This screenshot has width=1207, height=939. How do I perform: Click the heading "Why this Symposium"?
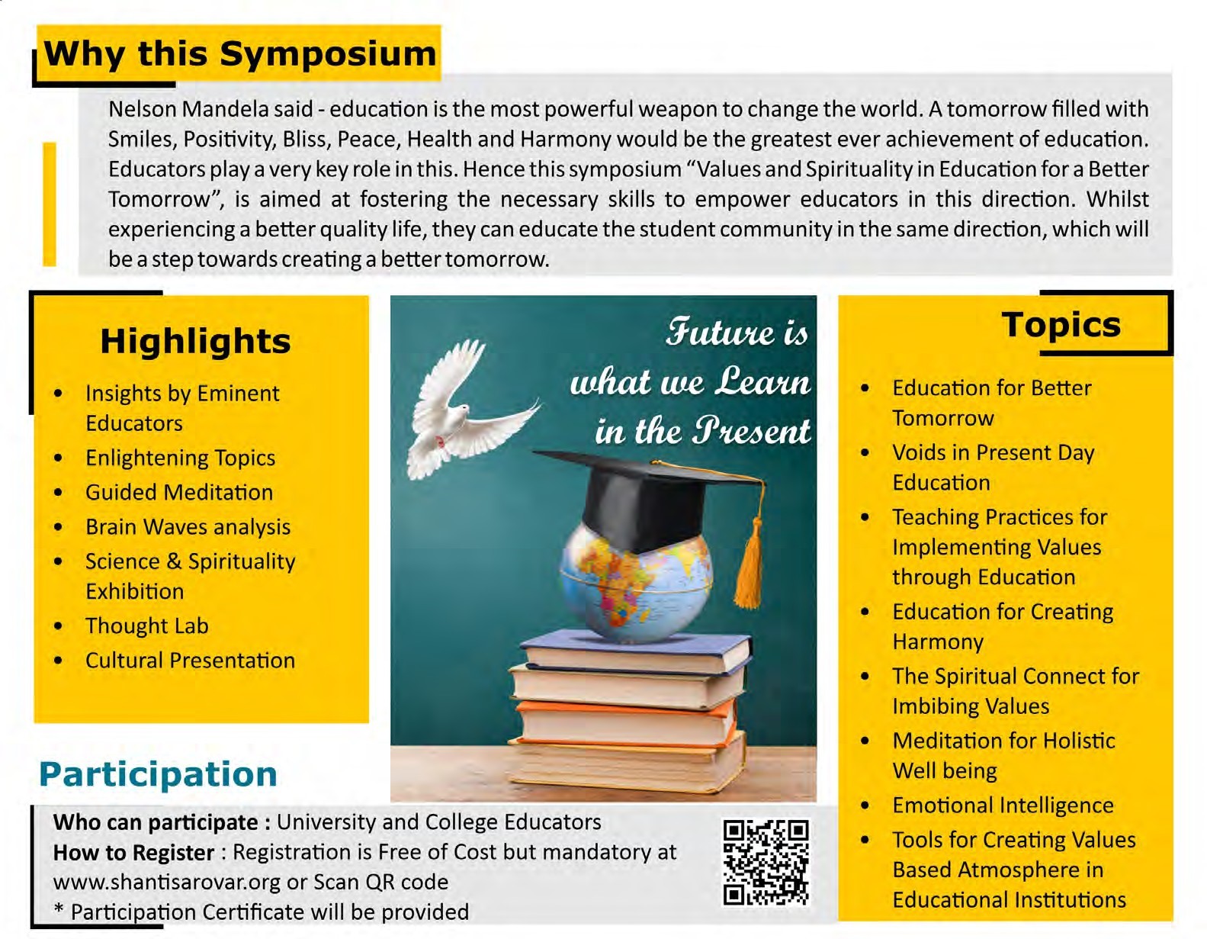(x=240, y=55)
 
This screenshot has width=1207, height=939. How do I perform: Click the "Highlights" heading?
(x=195, y=341)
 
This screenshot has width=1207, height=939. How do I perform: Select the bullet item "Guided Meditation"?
(x=179, y=492)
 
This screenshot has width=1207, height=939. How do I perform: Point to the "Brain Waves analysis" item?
(x=188, y=527)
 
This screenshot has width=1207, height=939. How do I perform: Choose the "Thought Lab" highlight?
(x=146, y=625)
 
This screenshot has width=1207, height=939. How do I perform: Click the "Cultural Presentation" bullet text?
(x=190, y=660)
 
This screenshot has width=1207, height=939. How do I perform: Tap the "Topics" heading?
(x=1061, y=325)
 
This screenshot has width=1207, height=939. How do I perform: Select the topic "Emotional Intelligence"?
(x=1003, y=805)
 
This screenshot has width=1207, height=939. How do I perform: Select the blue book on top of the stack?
(x=635, y=651)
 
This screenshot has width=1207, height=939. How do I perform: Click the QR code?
(x=766, y=862)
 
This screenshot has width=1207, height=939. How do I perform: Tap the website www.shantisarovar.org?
(x=167, y=882)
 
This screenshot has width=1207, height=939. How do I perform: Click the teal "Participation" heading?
(x=159, y=774)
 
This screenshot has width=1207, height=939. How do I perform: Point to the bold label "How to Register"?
(x=133, y=852)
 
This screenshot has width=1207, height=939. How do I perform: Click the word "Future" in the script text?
(x=713, y=333)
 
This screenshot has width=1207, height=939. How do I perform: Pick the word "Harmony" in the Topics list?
(x=938, y=642)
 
